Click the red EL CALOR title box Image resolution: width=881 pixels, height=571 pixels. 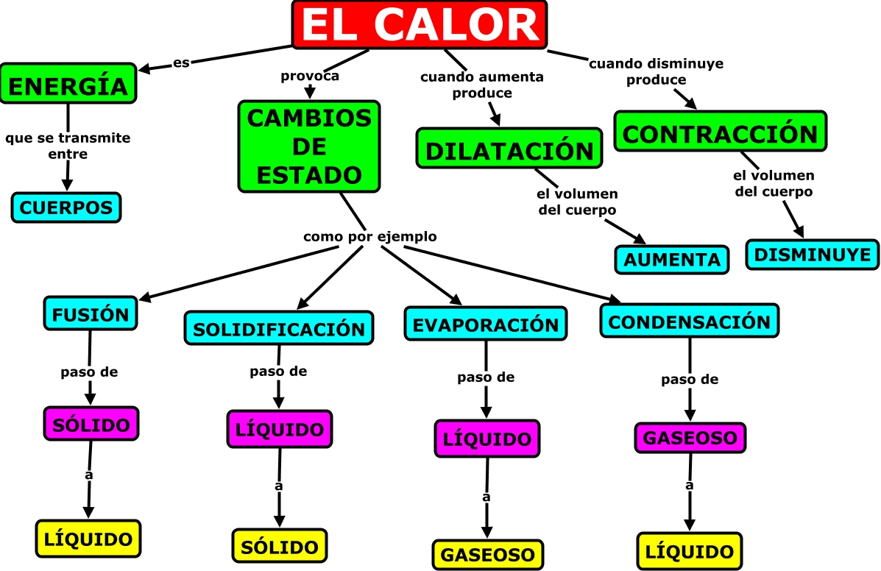coord(420,26)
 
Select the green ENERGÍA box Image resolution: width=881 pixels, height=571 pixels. coord(69,84)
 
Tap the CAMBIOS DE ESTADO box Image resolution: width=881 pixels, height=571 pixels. coord(309,146)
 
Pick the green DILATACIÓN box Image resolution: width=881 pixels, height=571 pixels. coord(509,150)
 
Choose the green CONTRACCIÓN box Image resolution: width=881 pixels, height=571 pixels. coord(720,132)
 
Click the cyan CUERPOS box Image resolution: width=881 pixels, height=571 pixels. coord(66,208)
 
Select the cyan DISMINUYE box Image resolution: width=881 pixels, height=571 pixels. coord(813,255)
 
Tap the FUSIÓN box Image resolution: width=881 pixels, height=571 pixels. coord(91,314)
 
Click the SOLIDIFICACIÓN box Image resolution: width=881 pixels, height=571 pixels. coord(279,328)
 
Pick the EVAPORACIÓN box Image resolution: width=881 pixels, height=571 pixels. coord(486,324)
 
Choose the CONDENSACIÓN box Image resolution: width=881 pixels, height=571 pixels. coord(690,322)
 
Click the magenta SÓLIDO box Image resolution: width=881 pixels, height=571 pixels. coord(91,424)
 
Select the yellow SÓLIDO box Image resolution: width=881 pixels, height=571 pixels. coord(279,546)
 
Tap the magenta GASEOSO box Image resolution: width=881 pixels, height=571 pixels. coord(690,438)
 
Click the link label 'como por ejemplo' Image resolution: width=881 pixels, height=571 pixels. coord(370,237)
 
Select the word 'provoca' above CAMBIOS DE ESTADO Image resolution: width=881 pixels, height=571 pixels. coord(310,75)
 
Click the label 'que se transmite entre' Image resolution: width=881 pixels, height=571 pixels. coord(68,146)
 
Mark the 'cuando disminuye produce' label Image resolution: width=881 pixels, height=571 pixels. coord(657,71)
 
